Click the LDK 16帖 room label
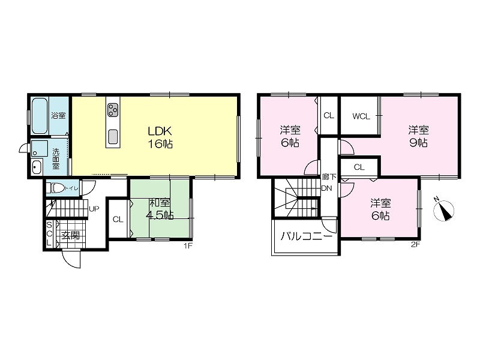point(160,137)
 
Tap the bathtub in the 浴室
point(40,116)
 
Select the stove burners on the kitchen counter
point(113,110)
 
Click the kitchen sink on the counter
point(113,137)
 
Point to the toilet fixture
point(55,188)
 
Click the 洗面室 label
point(56,159)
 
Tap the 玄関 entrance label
point(71,235)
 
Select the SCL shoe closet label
point(49,234)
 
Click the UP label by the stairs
point(94,209)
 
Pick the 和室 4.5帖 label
point(160,209)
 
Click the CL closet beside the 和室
point(118,219)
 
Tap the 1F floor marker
point(188,245)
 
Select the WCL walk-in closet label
point(361,116)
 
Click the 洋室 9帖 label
point(418,136)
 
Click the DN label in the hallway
point(326,188)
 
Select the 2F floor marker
point(416,244)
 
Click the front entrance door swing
point(71,259)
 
